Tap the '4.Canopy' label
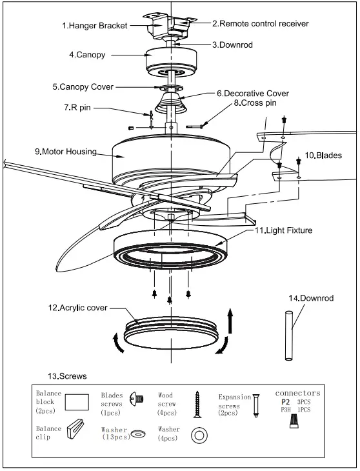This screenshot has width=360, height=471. (x=88, y=56)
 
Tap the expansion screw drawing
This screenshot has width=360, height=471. (x=257, y=405)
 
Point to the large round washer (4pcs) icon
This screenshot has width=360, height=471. (x=200, y=436)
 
